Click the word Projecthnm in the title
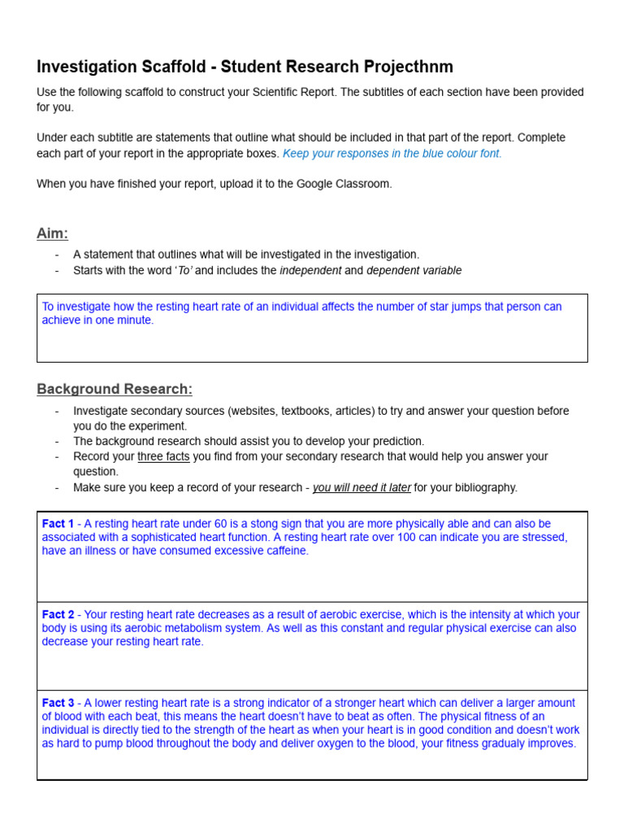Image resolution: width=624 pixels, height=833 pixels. tap(409, 67)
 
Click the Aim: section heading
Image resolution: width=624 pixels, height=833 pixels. tap(53, 233)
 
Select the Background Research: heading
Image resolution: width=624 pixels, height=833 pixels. tap(115, 389)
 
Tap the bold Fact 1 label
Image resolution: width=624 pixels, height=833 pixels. tap(58, 524)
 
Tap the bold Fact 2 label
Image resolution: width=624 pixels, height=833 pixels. tap(58, 615)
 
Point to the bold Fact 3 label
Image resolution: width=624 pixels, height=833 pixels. tap(58, 703)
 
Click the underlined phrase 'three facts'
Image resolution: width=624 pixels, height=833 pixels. tap(163, 456)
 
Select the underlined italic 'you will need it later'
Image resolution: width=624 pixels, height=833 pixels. tap(362, 487)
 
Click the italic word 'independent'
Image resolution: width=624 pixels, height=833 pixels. tap(310, 270)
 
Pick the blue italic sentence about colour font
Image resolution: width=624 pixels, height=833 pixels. tap(392, 153)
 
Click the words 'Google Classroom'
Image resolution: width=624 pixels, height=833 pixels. tap(348, 184)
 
